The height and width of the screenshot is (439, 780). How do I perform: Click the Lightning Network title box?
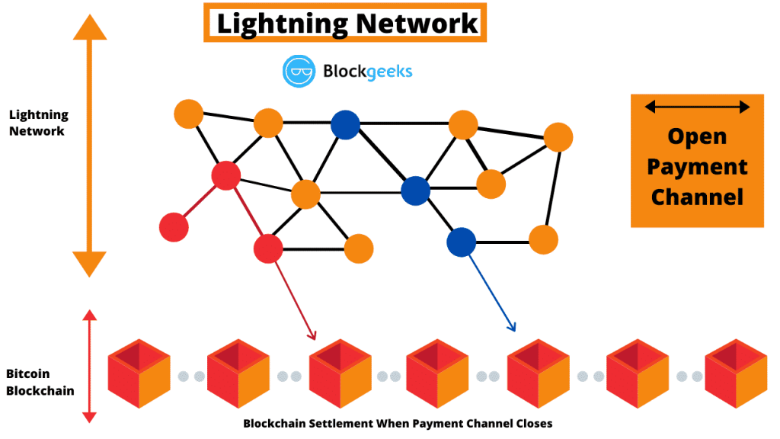tap(344, 22)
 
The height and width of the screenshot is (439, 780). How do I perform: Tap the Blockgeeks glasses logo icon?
tap(299, 71)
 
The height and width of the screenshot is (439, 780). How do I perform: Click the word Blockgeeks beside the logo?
tap(368, 72)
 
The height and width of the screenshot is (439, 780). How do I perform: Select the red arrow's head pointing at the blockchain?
tap(312, 334)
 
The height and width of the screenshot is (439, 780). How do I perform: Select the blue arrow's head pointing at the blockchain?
tap(512, 327)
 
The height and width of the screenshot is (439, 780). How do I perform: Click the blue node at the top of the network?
tap(345, 125)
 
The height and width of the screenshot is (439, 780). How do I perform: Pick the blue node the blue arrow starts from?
tap(461, 242)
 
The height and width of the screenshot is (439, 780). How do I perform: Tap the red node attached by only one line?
tap(174, 227)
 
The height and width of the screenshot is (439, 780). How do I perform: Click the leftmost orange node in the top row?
tap(188, 114)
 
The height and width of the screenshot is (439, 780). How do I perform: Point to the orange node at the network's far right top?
tap(558, 137)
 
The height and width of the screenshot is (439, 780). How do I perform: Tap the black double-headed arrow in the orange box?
tap(697, 107)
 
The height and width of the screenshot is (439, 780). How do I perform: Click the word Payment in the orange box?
tap(697, 166)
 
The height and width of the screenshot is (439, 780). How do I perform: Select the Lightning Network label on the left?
tap(38, 123)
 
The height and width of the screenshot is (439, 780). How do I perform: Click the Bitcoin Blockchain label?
tap(40, 382)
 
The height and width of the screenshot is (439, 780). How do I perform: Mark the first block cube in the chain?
tap(138, 373)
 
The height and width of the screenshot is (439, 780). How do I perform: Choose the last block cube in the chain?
tap(735, 373)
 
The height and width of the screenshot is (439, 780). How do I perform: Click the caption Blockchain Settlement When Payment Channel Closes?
tap(398, 423)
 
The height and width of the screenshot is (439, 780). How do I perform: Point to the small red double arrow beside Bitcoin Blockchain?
tap(89, 366)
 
